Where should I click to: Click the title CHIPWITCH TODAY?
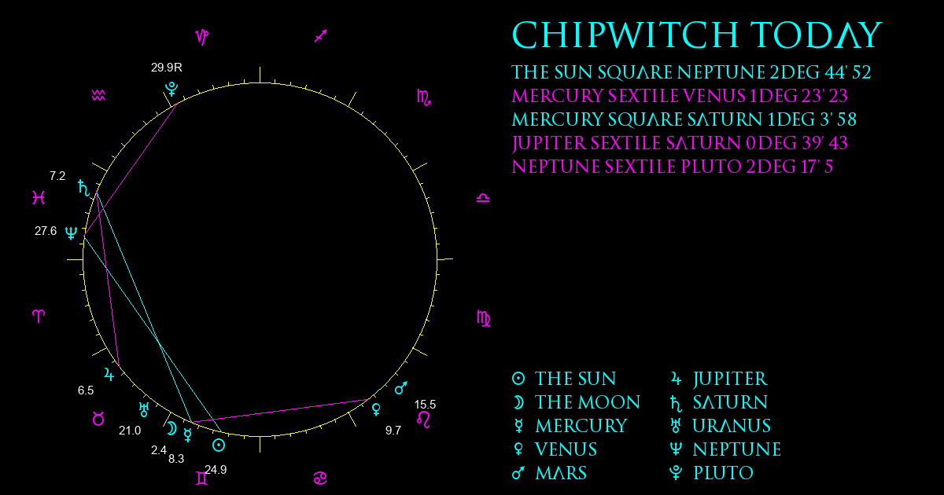click(697, 35)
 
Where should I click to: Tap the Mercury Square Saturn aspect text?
click(684, 119)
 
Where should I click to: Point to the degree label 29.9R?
click(167, 68)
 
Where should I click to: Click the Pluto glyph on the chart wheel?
click(171, 90)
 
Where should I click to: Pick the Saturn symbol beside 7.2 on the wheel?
click(84, 188)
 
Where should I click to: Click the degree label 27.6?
click(46, 231)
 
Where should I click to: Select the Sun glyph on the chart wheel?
click(219, 445)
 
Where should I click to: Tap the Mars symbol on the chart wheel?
click(400, 388)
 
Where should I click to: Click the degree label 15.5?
click(426, 405)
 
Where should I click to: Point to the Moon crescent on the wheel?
click(171, 428)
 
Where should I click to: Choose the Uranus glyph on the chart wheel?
click(144, 409)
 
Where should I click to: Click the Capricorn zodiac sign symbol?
click(202, 37)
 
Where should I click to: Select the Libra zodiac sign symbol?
click(483, 198)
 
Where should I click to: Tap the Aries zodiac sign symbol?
click(39, 316)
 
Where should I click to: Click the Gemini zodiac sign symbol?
click(202, 478)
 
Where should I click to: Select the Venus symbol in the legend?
click(518, 449)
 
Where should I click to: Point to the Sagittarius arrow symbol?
click(321, 36)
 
